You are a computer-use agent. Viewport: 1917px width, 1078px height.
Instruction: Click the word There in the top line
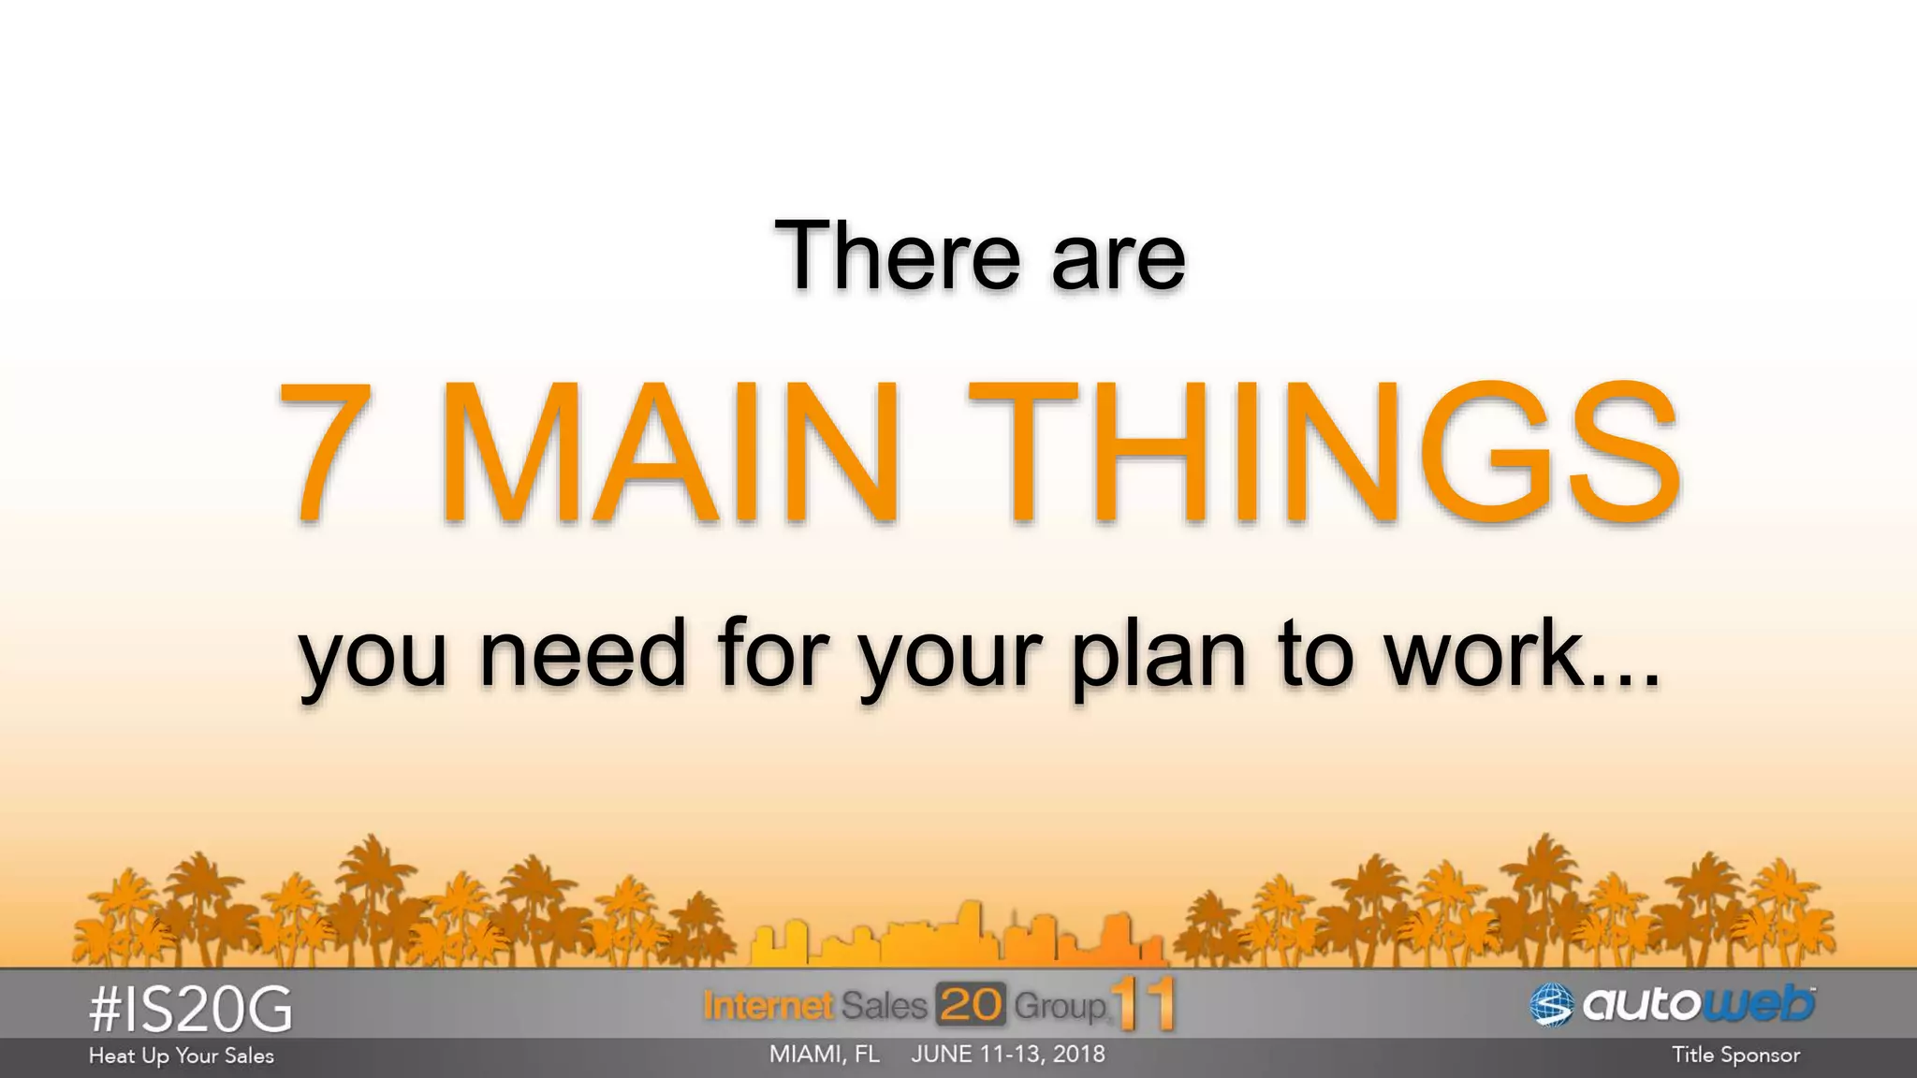(897, 255)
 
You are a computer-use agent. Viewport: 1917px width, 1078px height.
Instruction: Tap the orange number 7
(325, 453)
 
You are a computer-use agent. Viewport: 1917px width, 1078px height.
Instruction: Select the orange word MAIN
(670, 453)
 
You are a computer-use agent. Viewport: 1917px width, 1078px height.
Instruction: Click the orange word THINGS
(1324, 453)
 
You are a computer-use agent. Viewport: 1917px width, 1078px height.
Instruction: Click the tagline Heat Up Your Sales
(182, 1056)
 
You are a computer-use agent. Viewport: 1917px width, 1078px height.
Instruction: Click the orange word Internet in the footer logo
(768, 1006)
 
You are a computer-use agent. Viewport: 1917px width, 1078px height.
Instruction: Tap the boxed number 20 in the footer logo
(971, 1006)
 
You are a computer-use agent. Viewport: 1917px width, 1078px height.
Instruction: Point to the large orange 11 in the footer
(1144, 1004)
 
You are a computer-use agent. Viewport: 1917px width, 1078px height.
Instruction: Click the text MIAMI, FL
(824, 1055)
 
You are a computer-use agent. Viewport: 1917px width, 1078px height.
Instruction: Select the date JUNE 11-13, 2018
(1008, 1055)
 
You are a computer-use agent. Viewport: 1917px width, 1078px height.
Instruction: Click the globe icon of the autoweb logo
(1551, 1005)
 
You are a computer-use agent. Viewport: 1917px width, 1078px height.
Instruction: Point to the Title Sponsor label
(1735, 1056)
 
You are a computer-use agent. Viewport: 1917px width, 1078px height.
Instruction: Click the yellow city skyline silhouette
(955, 936)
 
